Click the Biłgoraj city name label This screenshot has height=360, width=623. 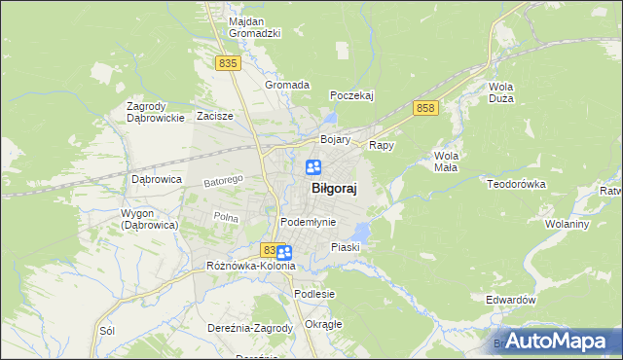tap(333, 190)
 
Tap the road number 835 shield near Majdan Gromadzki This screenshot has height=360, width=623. tap(228, 62)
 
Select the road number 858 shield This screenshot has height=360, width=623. tap(424, 108)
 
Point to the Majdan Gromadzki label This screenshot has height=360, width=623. tap(254, 26)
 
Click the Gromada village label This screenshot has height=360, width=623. tap(287, 85)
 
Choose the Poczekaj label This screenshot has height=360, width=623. tap(351, 95)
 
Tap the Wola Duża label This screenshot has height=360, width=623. tap(501, 92)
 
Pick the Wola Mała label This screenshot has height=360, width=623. tap(447, 161)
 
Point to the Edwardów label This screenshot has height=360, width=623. tap(510, 301)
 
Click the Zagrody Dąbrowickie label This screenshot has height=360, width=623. tap(156, 112)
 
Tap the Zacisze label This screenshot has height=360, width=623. tap(214, 116)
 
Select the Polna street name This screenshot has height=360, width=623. tap(226, 217)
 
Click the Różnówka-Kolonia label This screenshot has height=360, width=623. tap(250, 266)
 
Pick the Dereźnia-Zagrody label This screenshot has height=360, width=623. tap(250, 328)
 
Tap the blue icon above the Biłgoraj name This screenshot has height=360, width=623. tap(314, 167)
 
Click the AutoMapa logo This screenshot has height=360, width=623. tap(557, 342)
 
